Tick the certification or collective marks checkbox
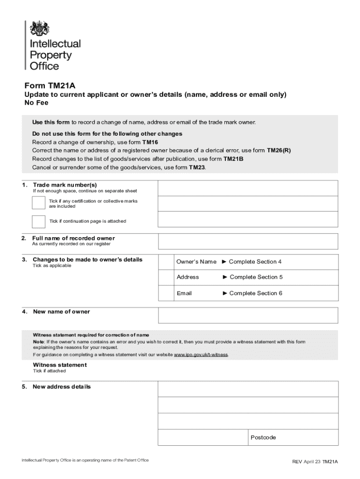(x=39, y=203)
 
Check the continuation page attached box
(x=39, y=221)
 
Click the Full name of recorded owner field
(x=248, y=241)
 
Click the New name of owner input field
(x=248, y=315)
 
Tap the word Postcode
(x=263, y=438)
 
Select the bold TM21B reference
(x=233, y=159)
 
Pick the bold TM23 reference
(x=196, y=167)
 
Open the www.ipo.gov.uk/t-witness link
(x=201, y=355)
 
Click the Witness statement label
(x=59, y=365)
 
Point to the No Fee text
(x=36, y=103)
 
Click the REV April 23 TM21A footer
(x=315, y=461)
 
